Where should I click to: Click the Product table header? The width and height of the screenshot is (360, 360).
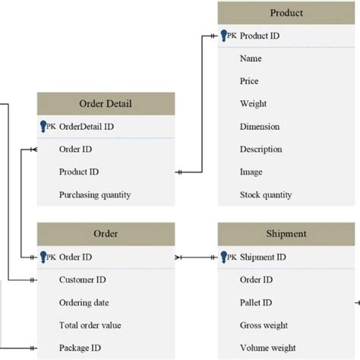pos(286,13)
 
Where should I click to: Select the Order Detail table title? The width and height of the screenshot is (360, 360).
pos(106,104)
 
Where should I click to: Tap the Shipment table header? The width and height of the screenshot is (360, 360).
pos(286,234)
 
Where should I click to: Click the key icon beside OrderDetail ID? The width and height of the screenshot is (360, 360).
pos(43,127)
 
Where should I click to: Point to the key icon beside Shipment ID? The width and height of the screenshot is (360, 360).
pos(224,257)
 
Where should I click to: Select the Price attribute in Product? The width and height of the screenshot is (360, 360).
pos(249,81)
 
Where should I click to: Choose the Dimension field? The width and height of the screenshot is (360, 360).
pos(259,127)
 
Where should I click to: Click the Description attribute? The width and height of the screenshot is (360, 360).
pos(261,150)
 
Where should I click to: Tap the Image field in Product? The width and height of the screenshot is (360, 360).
pos(251,172)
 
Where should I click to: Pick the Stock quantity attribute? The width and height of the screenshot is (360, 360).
pos(265,195)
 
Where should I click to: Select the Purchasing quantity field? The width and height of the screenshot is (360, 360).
pos(95,195)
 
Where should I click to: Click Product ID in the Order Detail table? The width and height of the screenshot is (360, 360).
pos(79,172)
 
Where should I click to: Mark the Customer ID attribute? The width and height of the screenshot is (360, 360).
pos(82,280)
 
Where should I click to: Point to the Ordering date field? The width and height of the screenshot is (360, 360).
pos(85,303)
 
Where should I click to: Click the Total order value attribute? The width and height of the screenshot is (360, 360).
pos(90,326)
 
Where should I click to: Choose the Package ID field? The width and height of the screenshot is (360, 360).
pos(80,349)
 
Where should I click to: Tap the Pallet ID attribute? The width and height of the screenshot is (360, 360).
pos(257,303)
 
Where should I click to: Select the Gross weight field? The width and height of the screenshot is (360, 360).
pos(264,326)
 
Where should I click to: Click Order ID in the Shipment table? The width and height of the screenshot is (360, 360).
pos(257,280)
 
